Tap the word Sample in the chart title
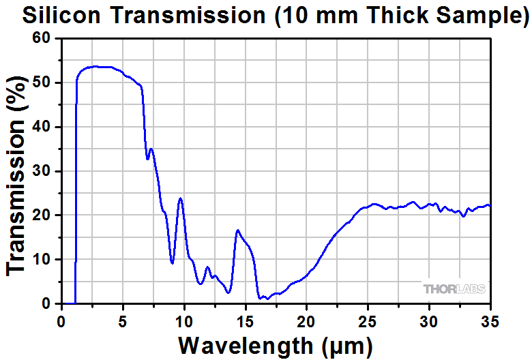[477, 16]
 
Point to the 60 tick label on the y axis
[42, 39]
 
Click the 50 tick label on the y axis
[42, 83]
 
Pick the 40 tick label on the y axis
[42, 127]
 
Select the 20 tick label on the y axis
[42, 215]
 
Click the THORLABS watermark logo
[454, 289]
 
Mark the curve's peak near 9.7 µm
[180, 198]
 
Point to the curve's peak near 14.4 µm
[237, 230]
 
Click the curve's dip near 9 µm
[172, 263]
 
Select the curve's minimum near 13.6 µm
[228, 292]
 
